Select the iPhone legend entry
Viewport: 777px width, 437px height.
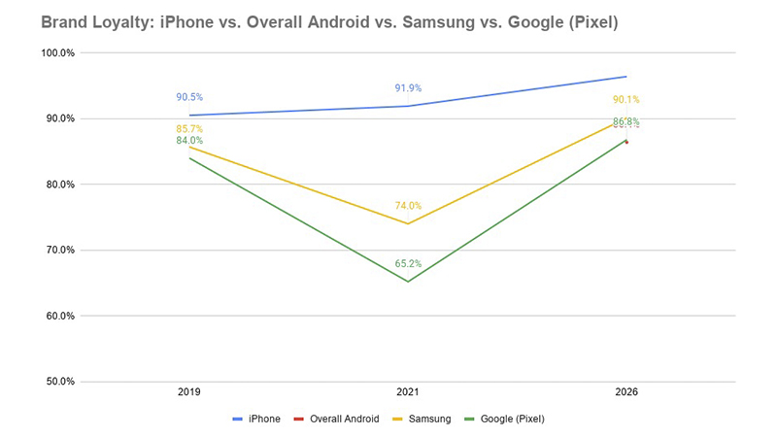(x=256, y=419)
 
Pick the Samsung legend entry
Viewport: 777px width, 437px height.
(x=422, y=419)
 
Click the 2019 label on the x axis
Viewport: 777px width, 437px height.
(x=189, y=392)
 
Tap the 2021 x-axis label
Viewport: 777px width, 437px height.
(x=408, y=392)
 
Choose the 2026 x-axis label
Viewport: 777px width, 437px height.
(x=626, y=392)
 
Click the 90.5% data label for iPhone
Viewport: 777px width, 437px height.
(x=189, y=97)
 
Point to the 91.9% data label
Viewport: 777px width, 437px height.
(x=408, y=88)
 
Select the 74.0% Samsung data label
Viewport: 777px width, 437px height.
(x=408, y=206)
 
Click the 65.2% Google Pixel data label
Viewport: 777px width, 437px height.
(x=408, y=263)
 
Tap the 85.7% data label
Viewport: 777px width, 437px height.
(x=189, y=129)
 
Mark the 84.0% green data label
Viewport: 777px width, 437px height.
(x=189, y=141)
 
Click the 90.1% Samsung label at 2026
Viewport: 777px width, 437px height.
(x=626, y=100)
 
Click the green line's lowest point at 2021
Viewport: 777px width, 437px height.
(x=408, y=282)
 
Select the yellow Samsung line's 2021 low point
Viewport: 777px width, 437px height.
(x=408, y=223)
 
